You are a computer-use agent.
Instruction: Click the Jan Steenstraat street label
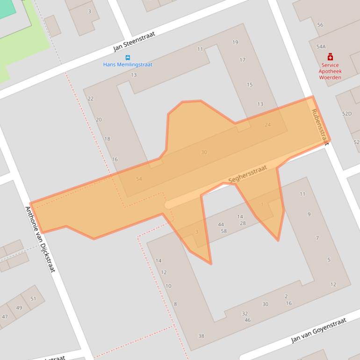(134, 42)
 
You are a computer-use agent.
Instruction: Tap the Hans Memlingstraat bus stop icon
(128, 58)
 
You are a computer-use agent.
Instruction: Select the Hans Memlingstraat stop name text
(128, 65)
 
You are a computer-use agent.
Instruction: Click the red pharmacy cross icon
(330, 57)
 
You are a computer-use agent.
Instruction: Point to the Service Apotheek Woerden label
(330, 72)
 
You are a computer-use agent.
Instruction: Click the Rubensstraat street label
(320, 127)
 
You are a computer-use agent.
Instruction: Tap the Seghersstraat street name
(247, 174)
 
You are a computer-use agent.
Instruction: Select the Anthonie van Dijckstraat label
(40, 239)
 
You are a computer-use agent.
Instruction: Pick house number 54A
(321, 47)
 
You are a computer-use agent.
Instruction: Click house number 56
(320, 25)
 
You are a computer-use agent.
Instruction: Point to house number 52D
(346, 114)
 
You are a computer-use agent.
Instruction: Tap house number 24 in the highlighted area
(267, 125)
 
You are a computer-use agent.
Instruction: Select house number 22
(90, 99)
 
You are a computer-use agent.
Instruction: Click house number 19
(235, 42)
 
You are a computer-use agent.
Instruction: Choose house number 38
(201, 336)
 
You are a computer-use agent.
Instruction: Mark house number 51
(33, 299)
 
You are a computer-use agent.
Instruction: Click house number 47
(5, 317)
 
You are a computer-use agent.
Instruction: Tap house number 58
(223, 231)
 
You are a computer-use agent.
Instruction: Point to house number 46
(247, 320)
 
